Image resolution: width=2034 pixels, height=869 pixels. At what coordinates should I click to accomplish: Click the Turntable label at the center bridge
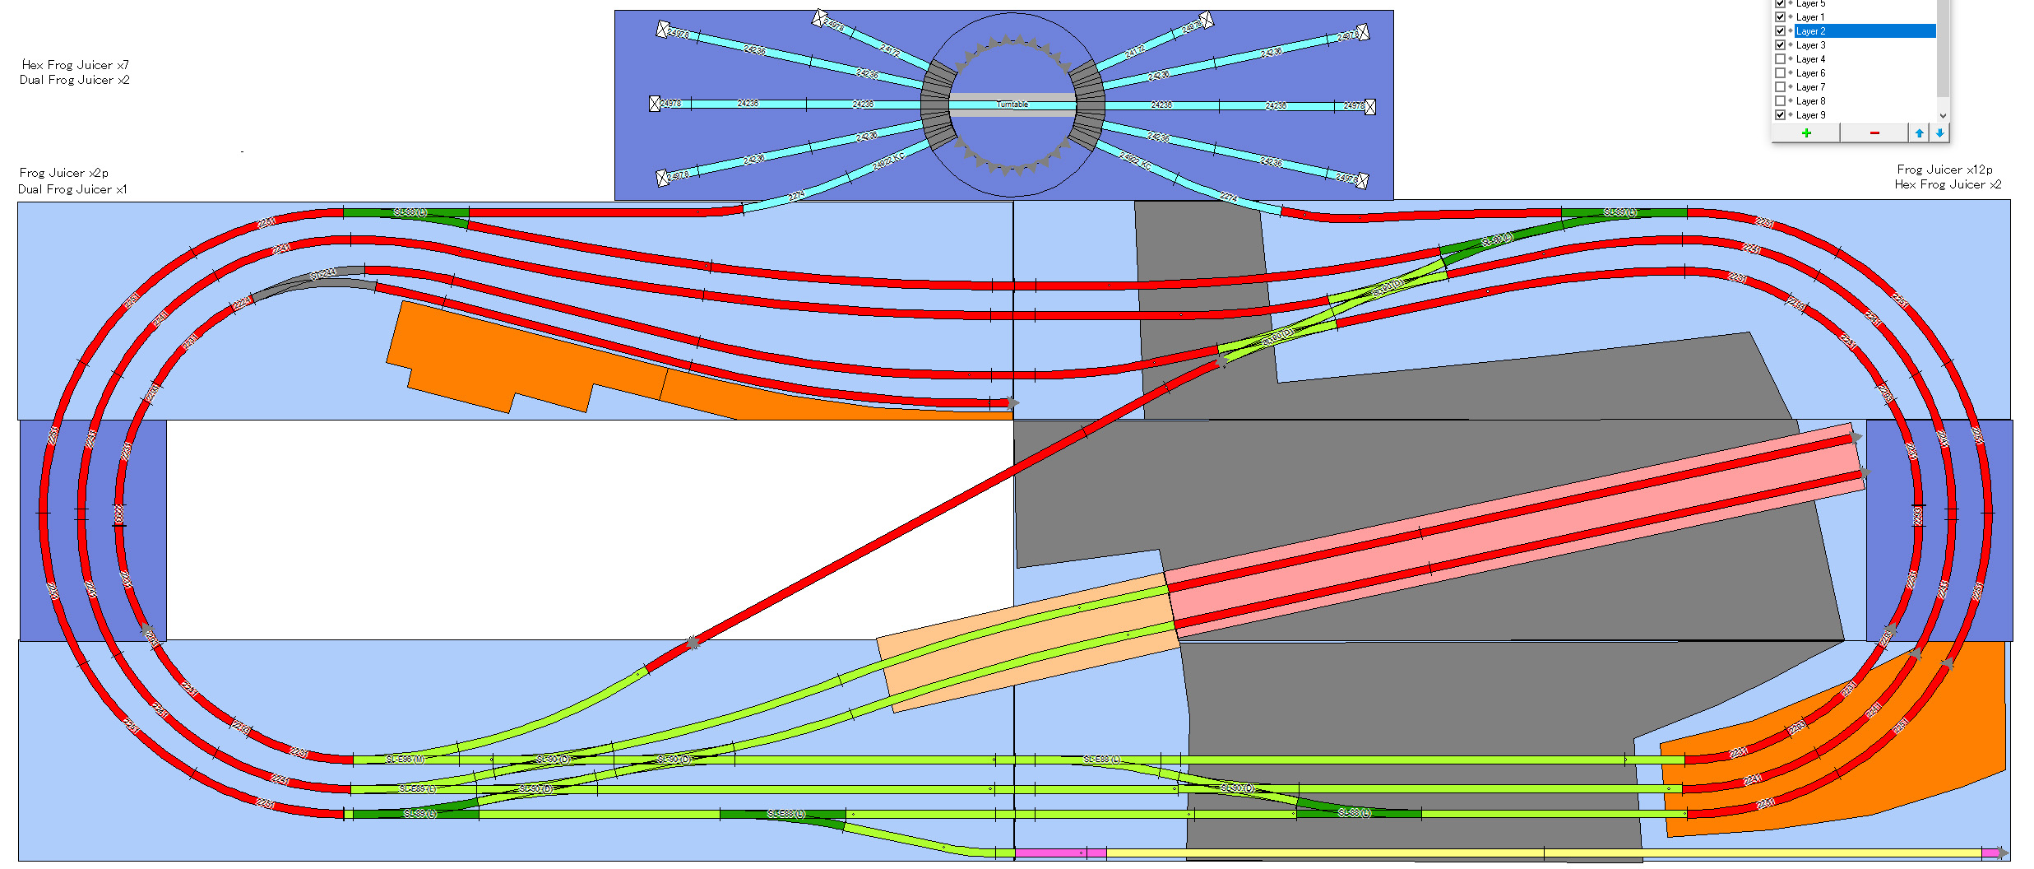[x=1012, y=105]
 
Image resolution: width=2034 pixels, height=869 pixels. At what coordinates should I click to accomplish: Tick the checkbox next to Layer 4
[x=1780, y=59]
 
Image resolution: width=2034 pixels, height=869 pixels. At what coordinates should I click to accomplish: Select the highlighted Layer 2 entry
[x=1863, y=31]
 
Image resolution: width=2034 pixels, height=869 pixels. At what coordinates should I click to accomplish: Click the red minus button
[x=1874, y=132]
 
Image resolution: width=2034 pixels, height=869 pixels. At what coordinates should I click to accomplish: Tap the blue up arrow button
[x=1919, y=132]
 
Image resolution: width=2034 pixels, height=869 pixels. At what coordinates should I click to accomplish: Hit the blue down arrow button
[x=1939, y=132]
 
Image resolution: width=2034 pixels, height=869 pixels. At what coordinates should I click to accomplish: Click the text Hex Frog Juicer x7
[x=75, y=65]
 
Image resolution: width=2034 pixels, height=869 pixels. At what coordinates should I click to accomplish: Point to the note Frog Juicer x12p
[x=1944, y=170]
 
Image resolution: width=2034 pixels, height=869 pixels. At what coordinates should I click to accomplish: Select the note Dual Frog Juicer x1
[x=72, y=189]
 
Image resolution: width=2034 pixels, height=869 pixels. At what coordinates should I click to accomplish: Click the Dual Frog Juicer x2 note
[x=74, y=80]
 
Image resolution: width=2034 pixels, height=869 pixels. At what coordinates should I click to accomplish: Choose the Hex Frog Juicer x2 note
[x=1948, y=184]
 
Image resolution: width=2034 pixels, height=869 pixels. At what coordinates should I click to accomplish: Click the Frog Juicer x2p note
[x=63, y=173]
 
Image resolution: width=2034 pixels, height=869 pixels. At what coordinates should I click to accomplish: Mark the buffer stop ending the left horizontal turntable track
[x=655, y=104]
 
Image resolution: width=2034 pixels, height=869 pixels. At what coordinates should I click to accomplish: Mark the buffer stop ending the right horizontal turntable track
[x=1370, y=106]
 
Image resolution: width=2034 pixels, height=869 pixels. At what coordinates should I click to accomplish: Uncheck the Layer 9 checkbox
[x=1780, y=115]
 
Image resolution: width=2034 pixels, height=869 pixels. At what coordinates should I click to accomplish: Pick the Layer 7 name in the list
[x=1810, y=87]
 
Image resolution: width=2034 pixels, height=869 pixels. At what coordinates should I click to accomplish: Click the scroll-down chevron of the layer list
[x=1943, y=115]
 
